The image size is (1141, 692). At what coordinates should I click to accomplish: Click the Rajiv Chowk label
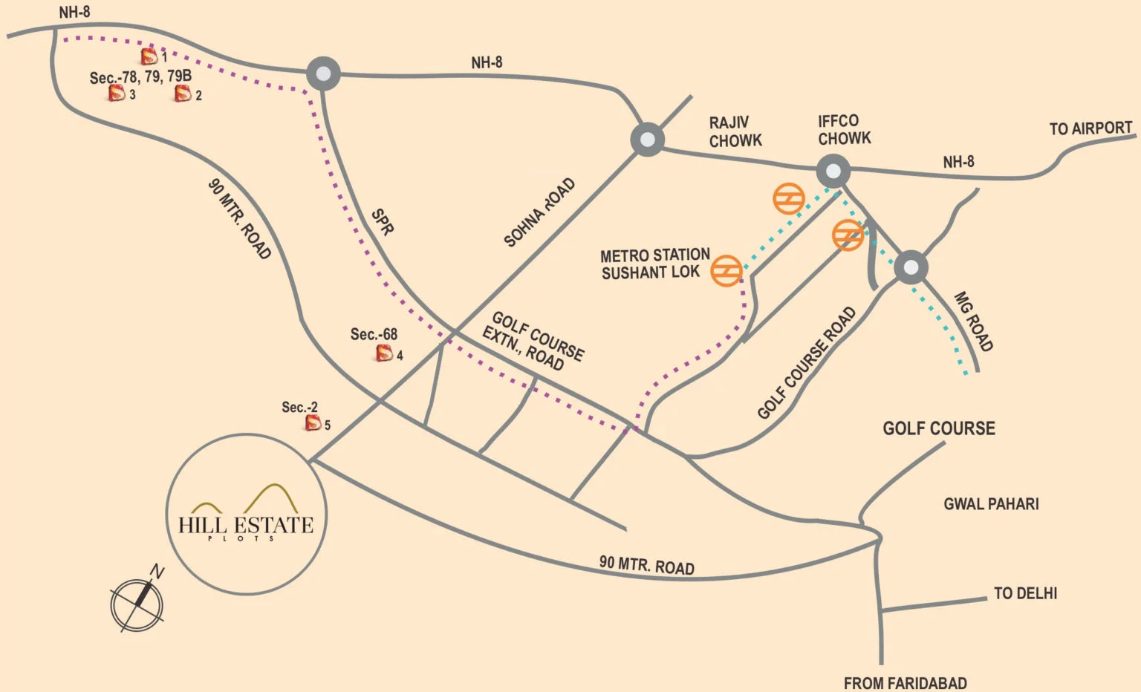(x=735, y=131)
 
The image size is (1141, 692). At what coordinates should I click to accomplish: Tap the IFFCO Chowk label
(x=844, y=129)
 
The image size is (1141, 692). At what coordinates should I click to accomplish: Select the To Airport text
(x=1090, y=128)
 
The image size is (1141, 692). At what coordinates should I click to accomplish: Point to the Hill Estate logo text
(x=246, y=525)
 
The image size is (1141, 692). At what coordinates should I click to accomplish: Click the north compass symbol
(x=137, y=603)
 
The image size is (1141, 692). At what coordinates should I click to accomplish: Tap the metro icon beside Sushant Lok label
(x=726, y=270)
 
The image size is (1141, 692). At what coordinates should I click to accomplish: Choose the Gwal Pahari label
(x=991, y=504)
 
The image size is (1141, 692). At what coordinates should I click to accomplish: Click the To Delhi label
(x=1025, y=593)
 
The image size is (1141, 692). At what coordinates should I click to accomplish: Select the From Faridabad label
(x=905, y=682)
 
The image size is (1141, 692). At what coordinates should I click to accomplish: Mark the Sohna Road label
(x=539, y=212)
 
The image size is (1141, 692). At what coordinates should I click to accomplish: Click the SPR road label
(x=382, y=222)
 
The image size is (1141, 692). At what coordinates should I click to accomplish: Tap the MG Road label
(x=973, y=321)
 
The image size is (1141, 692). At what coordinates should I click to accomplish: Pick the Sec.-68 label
(x=374, y=335)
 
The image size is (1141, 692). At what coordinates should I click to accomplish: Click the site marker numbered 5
(x=313, y=423)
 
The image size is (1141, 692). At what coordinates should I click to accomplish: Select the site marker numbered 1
(x=149, y=56)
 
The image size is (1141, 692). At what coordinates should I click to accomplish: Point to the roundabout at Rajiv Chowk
(x=647, y=139)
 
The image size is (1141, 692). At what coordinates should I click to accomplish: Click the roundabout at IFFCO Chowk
(x=833, y=172)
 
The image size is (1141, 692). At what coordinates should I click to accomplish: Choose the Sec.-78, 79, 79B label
(x=140, y=76)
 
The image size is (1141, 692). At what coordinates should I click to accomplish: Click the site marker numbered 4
(x=384, y=353)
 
